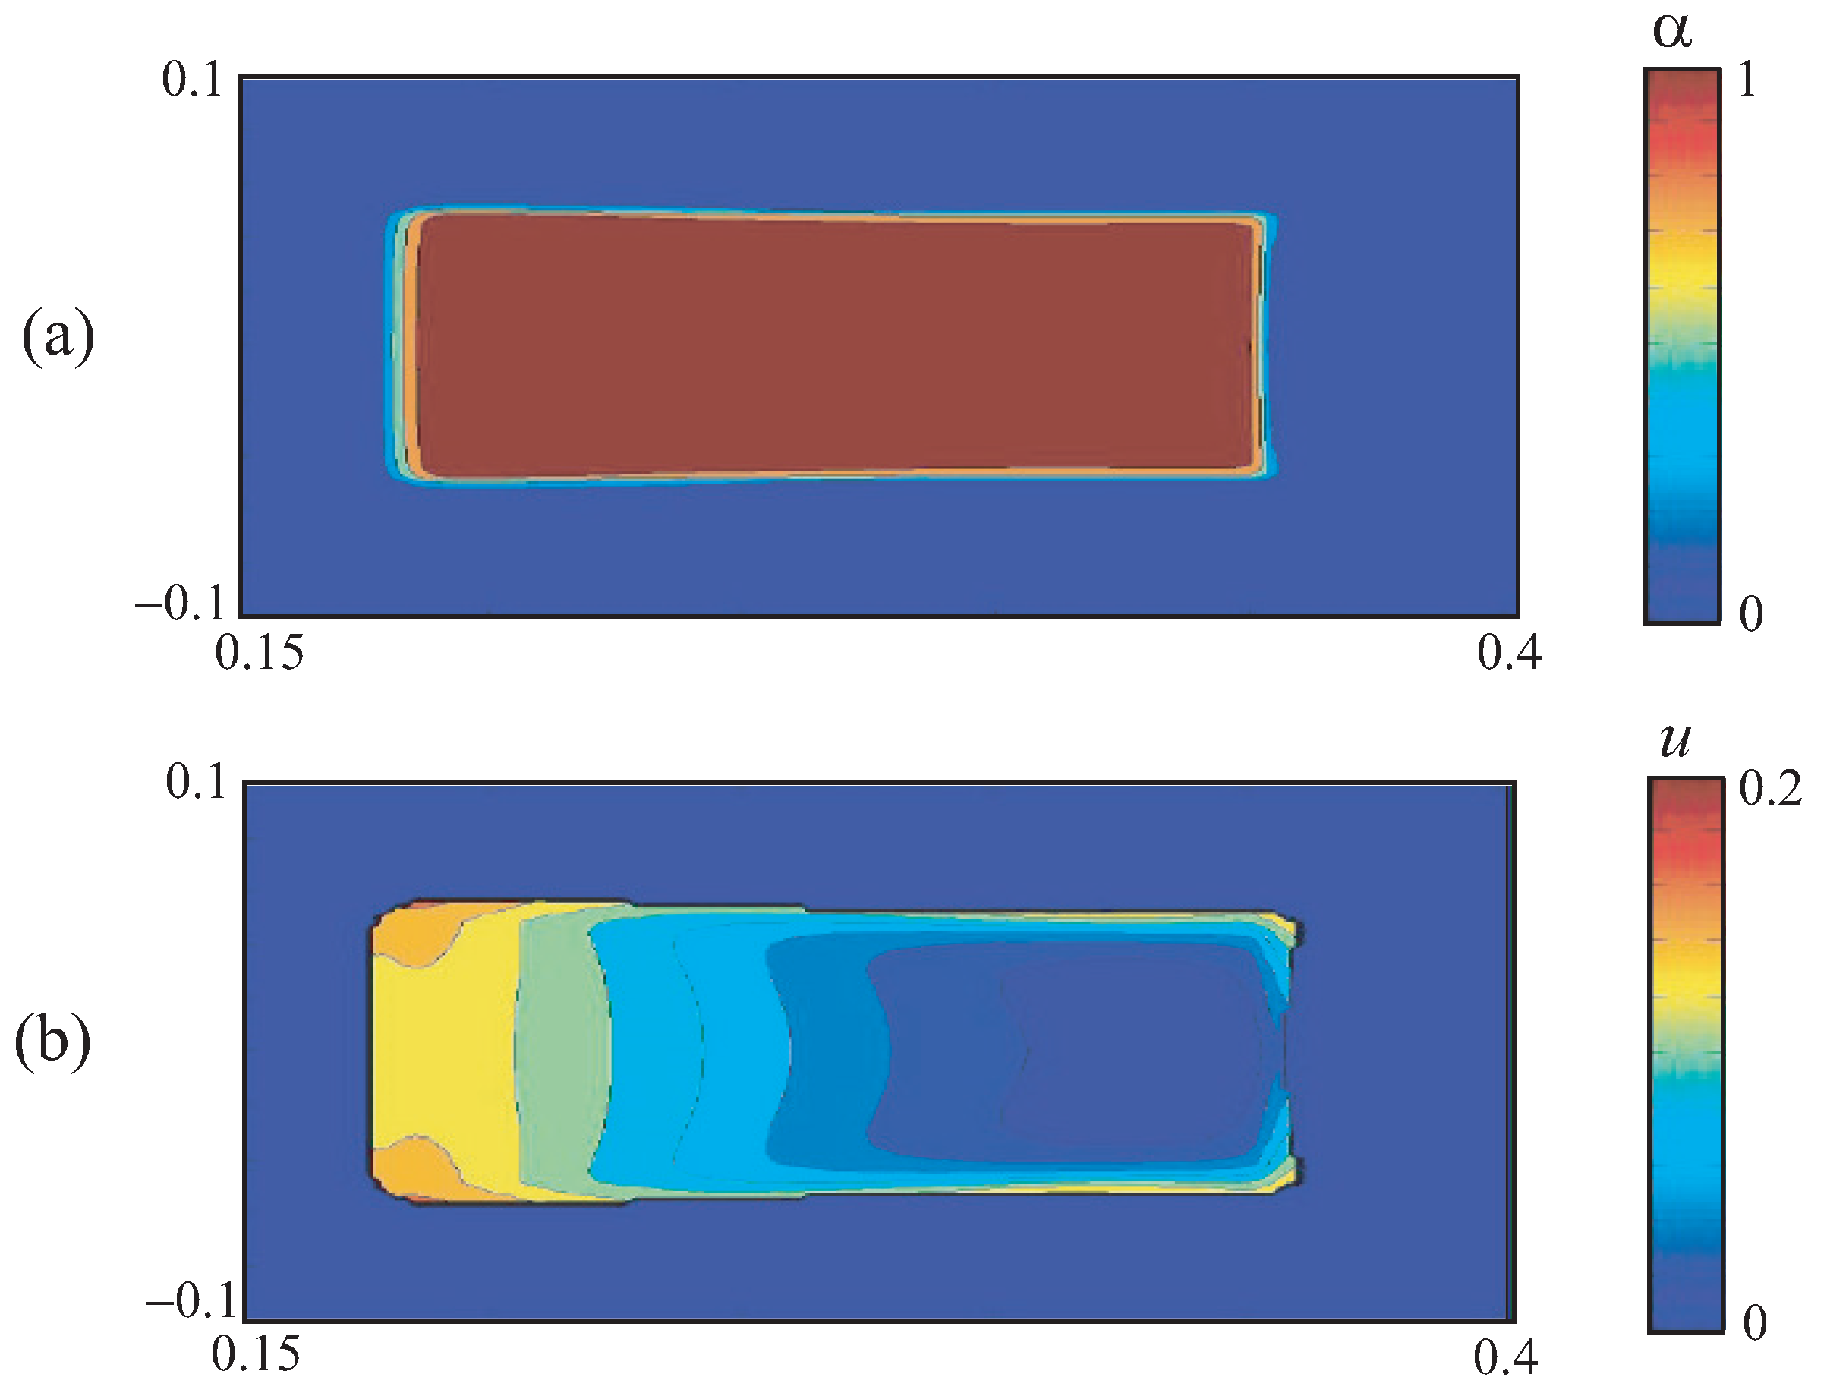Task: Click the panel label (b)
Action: tap(53, 1042)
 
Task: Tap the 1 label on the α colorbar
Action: tap(1747, 81)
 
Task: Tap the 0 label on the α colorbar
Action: tap(1751, 614)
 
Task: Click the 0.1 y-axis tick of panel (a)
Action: tap(193, 81)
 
